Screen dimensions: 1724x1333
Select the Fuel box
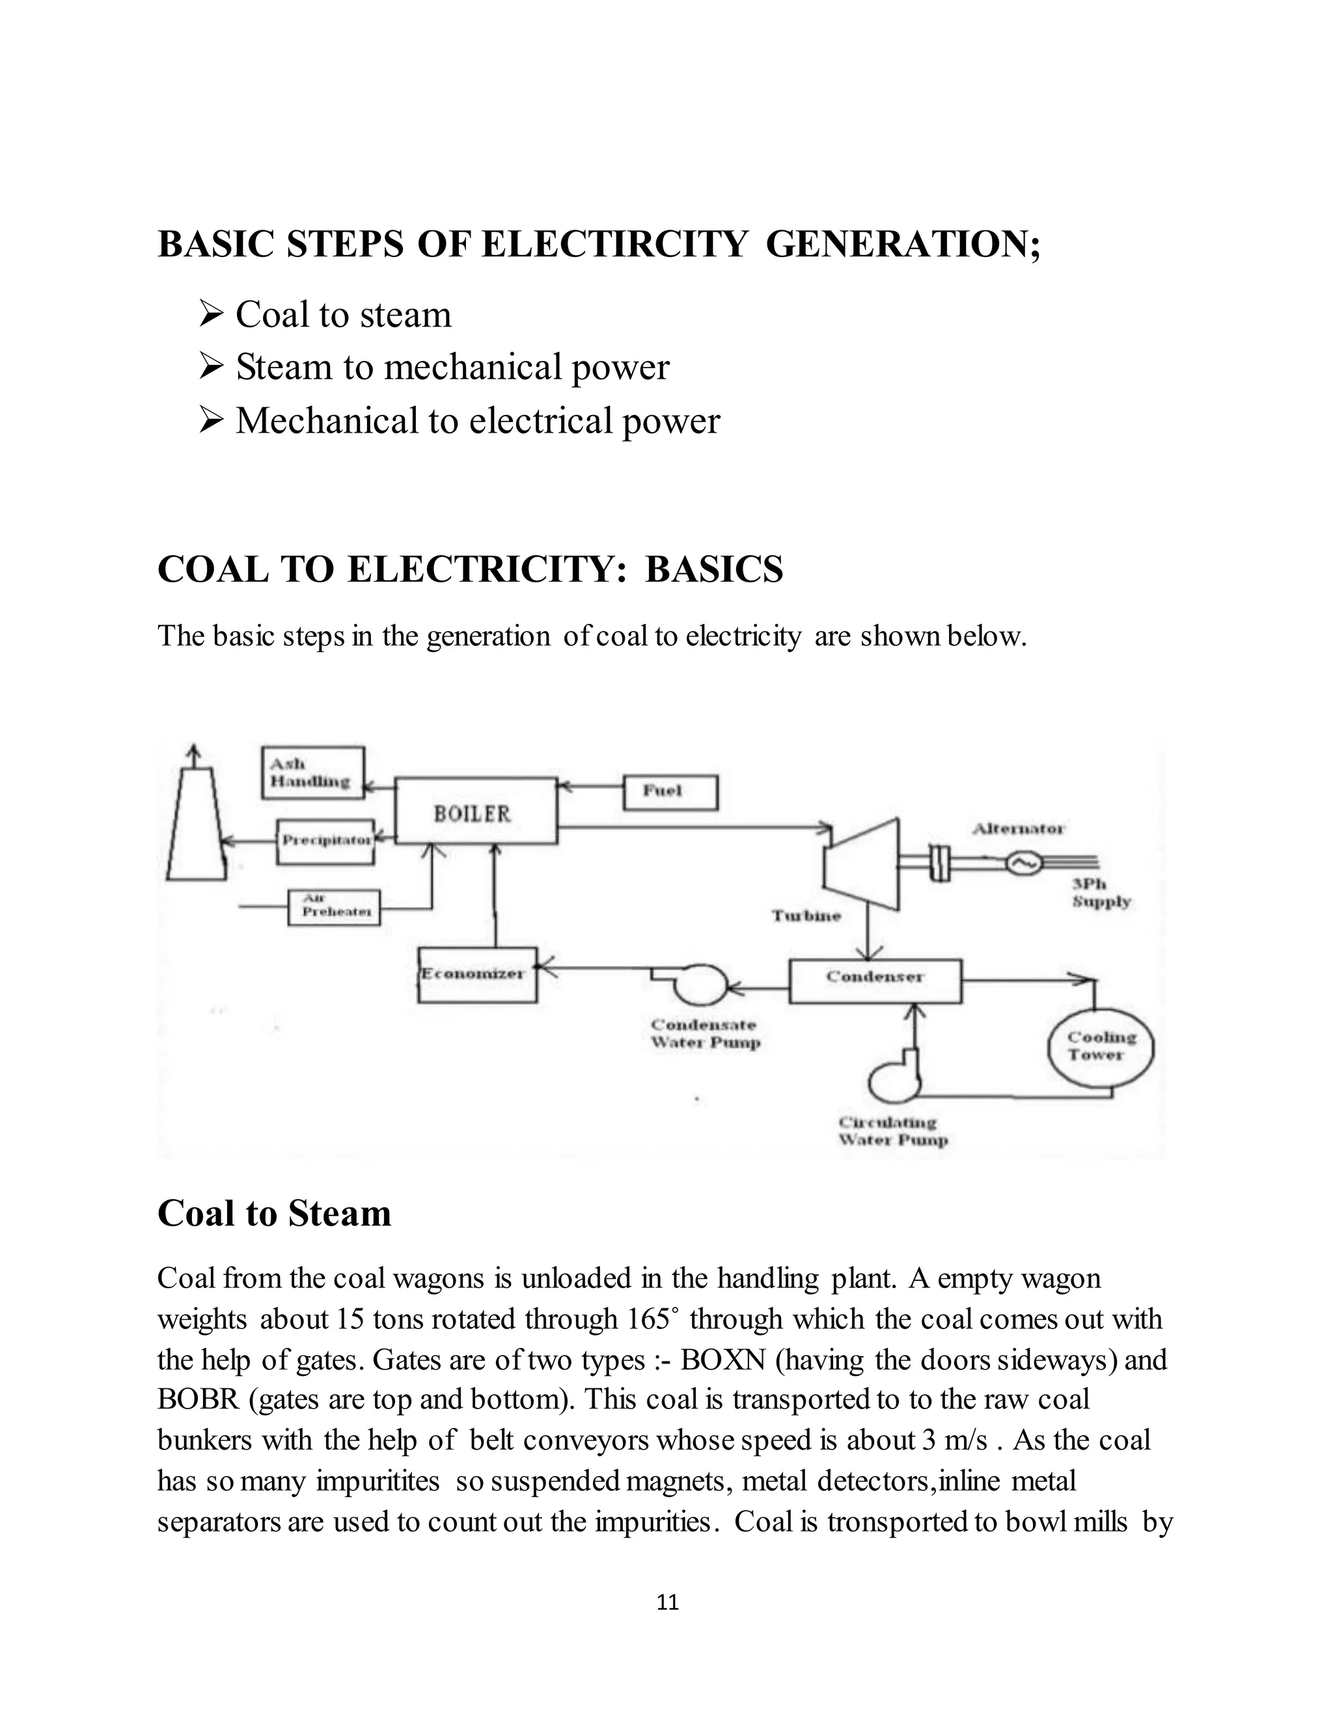pos(670,792)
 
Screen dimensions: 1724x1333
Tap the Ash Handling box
pos(312,772)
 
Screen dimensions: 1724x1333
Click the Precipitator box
pos(325,841)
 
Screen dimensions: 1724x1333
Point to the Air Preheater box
pos(333,907)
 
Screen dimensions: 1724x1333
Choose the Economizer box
pos(477,975)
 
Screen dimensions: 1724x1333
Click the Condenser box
pos(875,980)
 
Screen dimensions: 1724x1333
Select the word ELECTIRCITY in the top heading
pos(614,244)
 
